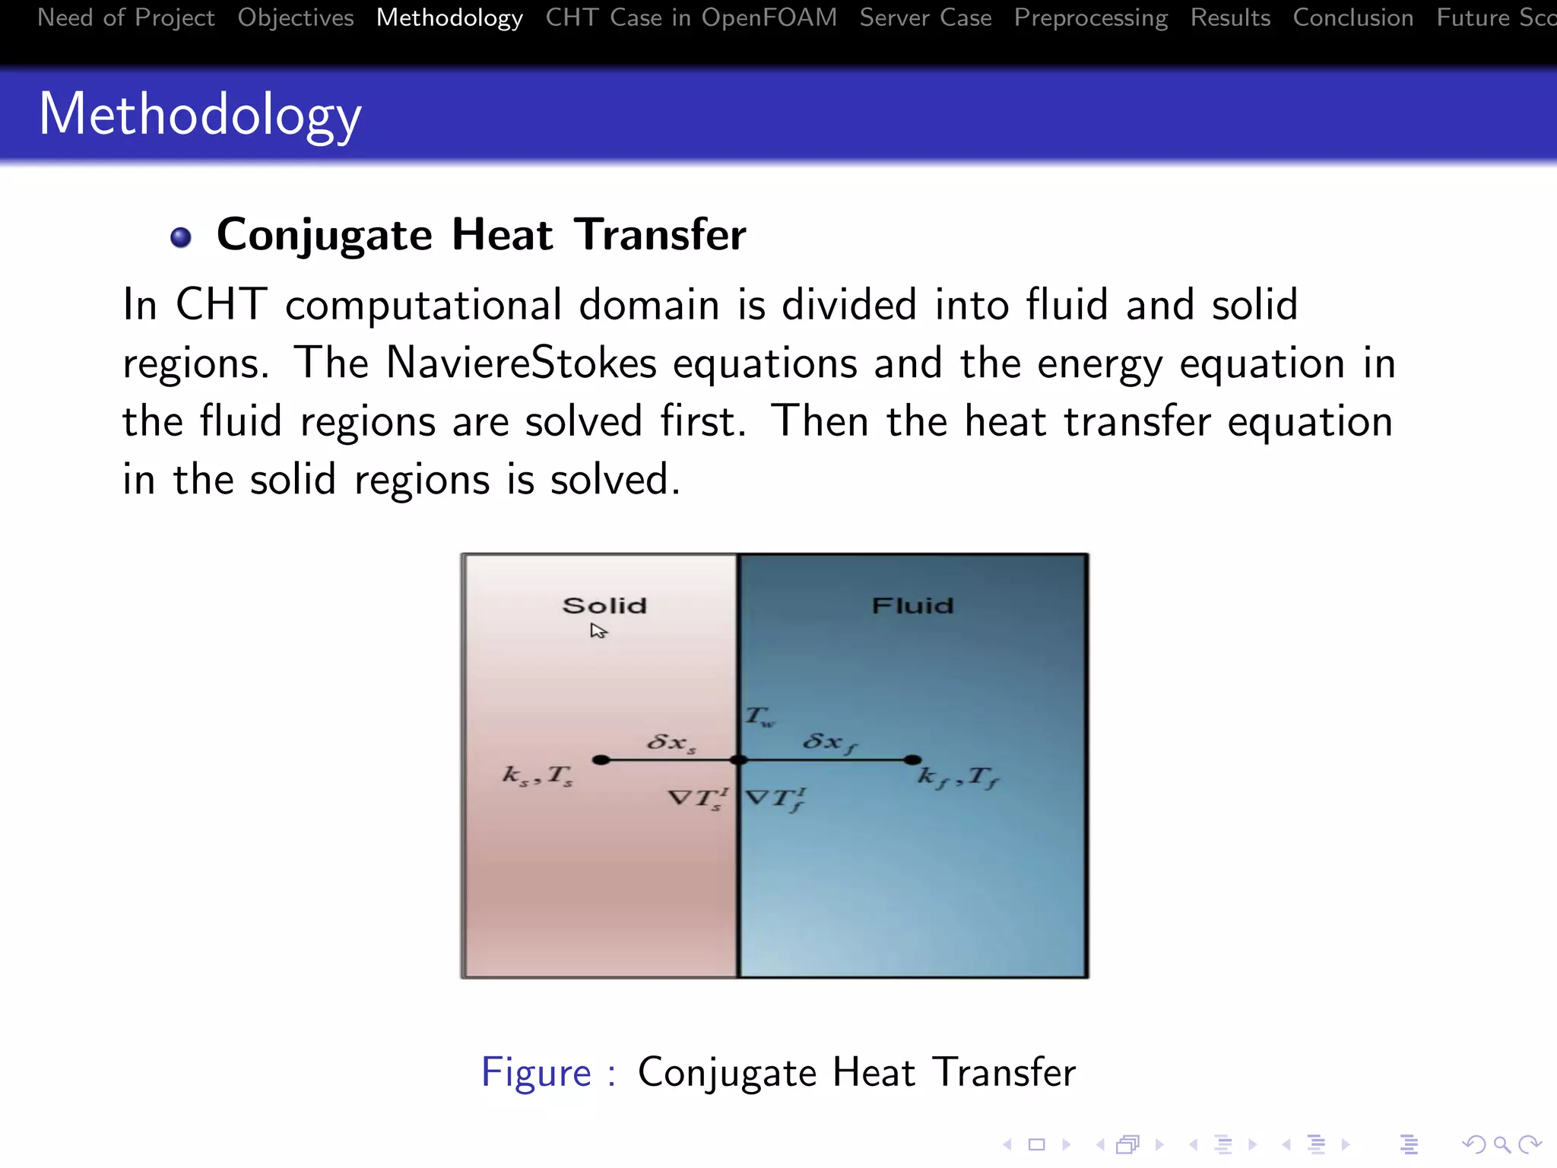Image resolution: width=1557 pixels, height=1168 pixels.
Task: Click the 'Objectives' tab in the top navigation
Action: [295, 17]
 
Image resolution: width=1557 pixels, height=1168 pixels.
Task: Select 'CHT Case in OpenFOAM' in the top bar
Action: [690, 17]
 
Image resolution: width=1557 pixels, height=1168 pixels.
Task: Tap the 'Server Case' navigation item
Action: [925, 17]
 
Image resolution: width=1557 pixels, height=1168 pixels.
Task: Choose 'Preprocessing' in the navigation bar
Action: [1090, 17]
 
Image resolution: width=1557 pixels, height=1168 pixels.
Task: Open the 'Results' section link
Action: [1230, 17]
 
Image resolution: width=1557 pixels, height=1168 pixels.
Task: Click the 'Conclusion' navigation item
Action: [1352, 17]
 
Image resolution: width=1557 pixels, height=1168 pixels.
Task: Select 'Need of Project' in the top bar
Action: [126, 17]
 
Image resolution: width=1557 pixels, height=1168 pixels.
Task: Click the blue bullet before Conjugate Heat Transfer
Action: [181, 237]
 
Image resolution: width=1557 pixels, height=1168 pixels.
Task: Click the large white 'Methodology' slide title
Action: [200, 114]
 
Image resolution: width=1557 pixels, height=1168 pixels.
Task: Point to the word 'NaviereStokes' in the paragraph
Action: [521, 363]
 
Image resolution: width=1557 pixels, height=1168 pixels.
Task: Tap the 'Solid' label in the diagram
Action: [604, 605]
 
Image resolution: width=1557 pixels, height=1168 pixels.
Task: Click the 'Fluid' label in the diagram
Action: [912, 605]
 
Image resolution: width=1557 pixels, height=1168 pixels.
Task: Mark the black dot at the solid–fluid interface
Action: [737, 760]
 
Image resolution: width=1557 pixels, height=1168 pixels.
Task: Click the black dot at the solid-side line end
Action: [601, 760]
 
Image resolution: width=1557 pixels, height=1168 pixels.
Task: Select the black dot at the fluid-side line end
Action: [912, 760]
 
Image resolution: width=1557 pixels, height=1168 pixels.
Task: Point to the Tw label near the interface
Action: [759, 716]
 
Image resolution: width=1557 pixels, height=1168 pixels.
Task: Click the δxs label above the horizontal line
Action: [671, 742]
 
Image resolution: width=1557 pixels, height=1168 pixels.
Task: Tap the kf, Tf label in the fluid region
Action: [958, 777]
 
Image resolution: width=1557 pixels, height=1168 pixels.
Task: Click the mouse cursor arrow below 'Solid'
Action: [598, 630]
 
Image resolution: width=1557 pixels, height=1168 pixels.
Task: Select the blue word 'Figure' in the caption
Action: [536, 1073]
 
